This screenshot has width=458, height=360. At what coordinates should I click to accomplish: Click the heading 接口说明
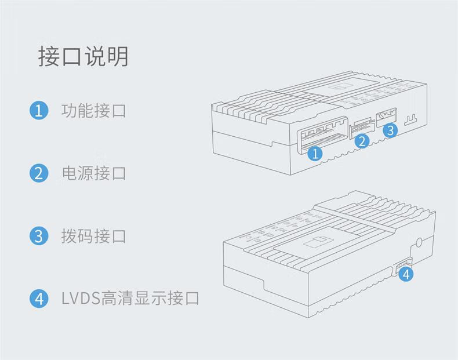click(83, 57)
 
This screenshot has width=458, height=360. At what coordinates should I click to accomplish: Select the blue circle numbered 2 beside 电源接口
click(38, 173)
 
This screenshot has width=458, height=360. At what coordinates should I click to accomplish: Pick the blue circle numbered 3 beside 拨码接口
click(38, 236)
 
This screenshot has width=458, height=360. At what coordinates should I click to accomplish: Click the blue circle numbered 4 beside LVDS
click(38, 299)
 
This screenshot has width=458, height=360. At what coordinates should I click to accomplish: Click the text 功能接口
click(93, 110)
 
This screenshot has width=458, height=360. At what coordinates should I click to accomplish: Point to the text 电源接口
click(93, 173)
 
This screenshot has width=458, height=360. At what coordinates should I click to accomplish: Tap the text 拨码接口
click(93, 236)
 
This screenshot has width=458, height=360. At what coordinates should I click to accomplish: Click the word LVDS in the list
click(81, 299)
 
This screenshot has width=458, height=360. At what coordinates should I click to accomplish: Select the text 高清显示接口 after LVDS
click(150, 299)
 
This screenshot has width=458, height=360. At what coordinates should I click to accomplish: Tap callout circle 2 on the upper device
click(362, 141)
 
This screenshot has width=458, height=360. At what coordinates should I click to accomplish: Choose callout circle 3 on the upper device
click(390, 130)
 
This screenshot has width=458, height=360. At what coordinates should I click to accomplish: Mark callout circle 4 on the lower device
click(406, 274)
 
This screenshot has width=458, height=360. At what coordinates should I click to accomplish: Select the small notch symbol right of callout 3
click(412, 119)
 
